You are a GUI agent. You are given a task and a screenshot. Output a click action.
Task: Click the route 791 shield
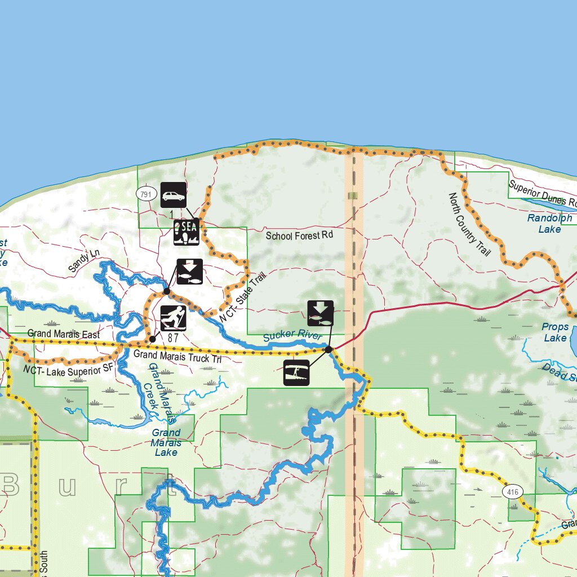pos(145,194)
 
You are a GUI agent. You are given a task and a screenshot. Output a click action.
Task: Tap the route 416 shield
pos(513,491)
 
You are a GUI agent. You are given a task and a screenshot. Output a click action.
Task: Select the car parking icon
pos(174,196)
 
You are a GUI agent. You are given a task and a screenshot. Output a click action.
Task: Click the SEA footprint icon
pos(187,232)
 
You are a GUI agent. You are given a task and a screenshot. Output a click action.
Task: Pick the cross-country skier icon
pos(174,318)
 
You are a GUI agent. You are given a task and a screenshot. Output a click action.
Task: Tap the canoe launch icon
pos(296,372)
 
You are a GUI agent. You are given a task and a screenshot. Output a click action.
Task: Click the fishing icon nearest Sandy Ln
pos(190,272)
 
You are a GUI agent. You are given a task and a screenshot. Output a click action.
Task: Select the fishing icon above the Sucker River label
pos(320,313)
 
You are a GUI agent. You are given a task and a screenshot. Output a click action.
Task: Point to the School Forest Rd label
pos(300,236)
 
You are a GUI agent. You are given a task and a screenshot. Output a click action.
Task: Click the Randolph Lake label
pos(549,223)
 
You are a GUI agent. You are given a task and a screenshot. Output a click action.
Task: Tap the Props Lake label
pos(555,332)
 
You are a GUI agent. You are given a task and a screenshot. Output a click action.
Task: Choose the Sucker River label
pos(292,336)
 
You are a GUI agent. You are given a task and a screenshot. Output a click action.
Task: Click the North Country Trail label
pos(469,224)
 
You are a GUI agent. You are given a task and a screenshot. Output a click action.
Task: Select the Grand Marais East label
pos(63,334)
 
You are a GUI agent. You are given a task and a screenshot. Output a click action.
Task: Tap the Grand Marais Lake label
pos(166,442)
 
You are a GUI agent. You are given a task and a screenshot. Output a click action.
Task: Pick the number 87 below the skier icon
pos(173,337)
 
